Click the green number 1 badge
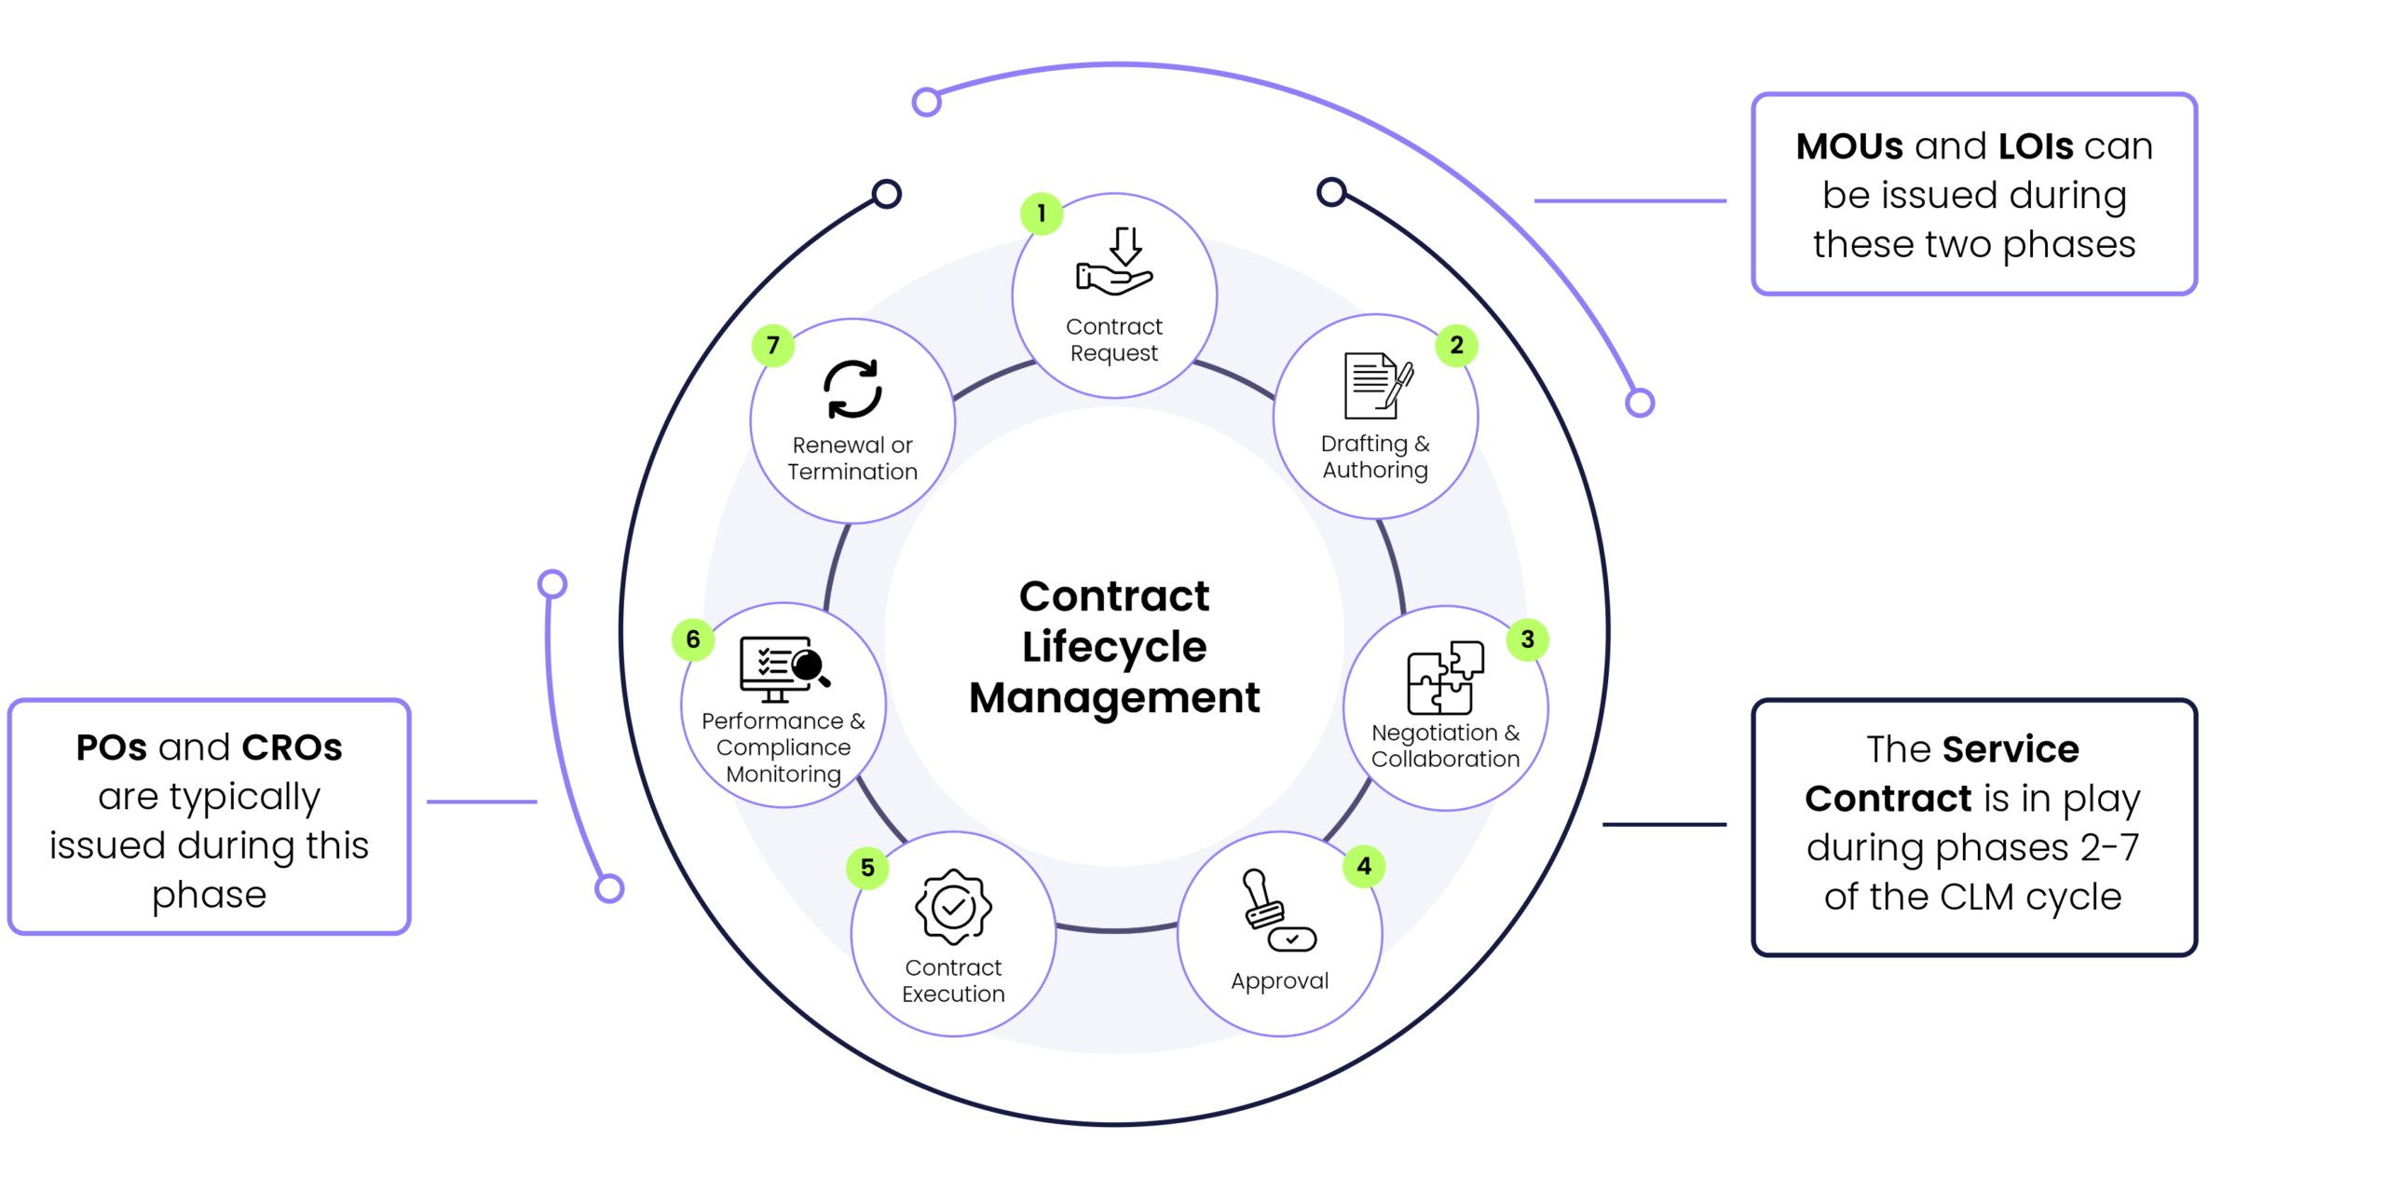(x=1041, y=213)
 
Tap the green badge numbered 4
(x=1363, y=867)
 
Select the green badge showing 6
(x=692, y=639)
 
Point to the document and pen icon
(x=1377, y=386)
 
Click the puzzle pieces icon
(x=1445, y=678)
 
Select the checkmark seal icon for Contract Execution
(x=953, y=907)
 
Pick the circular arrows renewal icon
(x=852, y=389)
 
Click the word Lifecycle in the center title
(x=1114, y=647)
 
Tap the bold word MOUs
(x=1849, y=146)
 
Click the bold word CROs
(x=292, y=747)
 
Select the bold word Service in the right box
(x=2010, y=749)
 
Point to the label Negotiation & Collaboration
(x=1445, y=746)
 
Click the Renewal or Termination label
(x=852, y=459)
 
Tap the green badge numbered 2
(x=1456, y=346)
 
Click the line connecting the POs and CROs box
(x=482, y=802)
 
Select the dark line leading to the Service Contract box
(x=1664, y=825)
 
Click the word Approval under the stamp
(x=1279, y=980)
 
